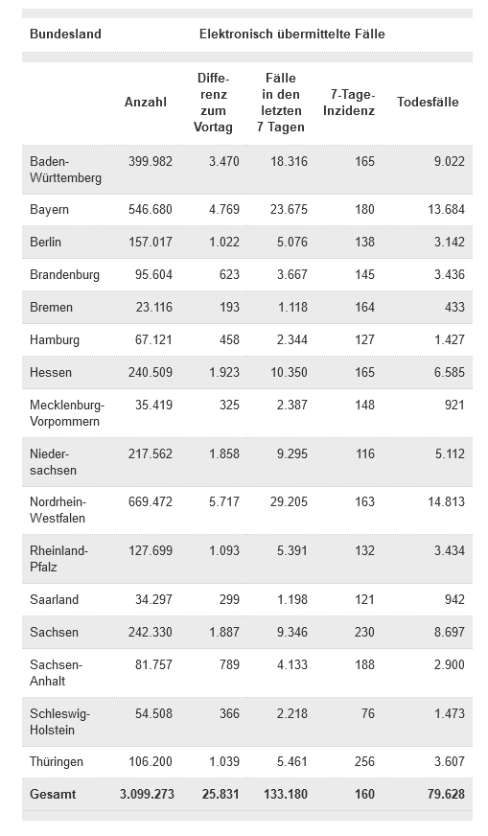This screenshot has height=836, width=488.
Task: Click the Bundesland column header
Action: click(65, 35)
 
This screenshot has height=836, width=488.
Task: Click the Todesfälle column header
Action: click(428, 102)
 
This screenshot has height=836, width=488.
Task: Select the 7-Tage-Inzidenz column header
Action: click(349, 103)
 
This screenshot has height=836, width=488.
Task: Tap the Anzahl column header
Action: click(146, 102)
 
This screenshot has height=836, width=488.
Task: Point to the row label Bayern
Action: click(49, 210)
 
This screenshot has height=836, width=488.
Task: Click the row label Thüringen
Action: click(57, 761)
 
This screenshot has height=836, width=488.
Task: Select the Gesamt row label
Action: click(53, 794)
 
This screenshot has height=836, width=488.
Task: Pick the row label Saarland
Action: click(54, 599)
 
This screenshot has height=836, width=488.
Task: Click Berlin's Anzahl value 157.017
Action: click(151, 242)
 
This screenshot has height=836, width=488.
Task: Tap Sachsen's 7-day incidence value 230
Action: click(364, 632)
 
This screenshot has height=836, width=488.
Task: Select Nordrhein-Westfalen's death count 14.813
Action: click(447, 501)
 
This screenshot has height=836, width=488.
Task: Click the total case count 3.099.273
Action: click(148, 794)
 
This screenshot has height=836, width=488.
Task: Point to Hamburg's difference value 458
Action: click(229, 339)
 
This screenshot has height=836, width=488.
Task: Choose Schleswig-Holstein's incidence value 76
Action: click(368, 713)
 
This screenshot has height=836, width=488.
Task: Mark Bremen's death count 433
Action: click(454, 307)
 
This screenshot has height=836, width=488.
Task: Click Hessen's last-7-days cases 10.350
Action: click(290, 372)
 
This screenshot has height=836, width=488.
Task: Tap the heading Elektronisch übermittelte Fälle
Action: click(292, 35)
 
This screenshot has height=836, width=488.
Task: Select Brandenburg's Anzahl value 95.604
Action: click(153, 274)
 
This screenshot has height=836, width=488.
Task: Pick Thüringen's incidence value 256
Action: click(364, 761)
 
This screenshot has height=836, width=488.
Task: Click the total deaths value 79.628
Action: click(447, 794)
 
